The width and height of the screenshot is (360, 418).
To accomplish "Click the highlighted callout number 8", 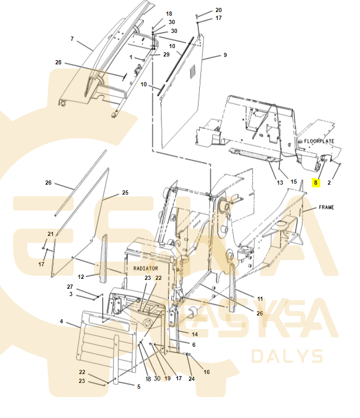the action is pos(316,183).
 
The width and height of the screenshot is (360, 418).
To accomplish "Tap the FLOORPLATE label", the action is pos(319,141).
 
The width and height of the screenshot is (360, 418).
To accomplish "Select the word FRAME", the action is pos(327,207).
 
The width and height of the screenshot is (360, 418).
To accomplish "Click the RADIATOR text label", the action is pos(145,268).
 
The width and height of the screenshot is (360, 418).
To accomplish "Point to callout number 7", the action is pos(72,39).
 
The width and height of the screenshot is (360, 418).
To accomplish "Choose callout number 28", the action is pos(58,62).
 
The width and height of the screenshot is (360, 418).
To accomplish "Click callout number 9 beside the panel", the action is pos(225,55).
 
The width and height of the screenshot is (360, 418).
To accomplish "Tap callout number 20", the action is pos(218,10).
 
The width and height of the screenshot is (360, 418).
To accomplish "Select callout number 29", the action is pos(166,54).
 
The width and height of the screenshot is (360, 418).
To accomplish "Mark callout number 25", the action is pos(126,193).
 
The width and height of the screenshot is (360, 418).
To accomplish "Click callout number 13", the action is pos(280,183).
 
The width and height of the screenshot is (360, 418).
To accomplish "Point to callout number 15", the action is pos(294,182).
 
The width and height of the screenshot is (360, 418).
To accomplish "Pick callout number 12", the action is pos(81,277).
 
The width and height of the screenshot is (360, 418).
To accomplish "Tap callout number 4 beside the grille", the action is pos(61,321).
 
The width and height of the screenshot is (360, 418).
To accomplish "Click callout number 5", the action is pos(139,387).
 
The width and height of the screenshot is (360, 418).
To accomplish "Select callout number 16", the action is pos(206,372).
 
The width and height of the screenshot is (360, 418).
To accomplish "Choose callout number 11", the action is pos(260,299).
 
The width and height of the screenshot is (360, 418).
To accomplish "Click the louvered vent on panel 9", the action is pos(192,72).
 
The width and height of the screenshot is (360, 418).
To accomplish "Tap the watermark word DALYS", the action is pos(287,356).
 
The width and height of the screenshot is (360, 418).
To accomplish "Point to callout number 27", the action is pos(70,287).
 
